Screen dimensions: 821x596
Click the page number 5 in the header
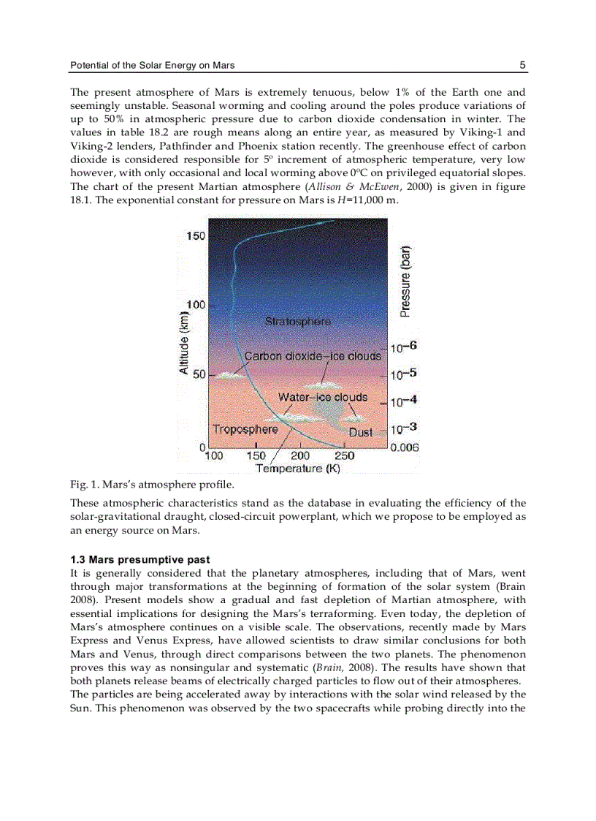click(x=522, y=65)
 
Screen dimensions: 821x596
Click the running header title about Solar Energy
click(x=152, y=65)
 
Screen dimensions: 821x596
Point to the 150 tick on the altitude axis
click(x=196, y=236)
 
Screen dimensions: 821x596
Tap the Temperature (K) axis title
click(x=297, y=469)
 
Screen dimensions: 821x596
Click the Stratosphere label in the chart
click(x=297, y=322)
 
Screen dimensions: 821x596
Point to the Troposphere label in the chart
click(x=245, y=429)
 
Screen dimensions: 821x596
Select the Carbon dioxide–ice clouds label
click(x=312, y=356)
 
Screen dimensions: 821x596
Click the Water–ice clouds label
click(x=322, y=397)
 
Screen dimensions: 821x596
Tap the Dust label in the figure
click(x=360, y=432)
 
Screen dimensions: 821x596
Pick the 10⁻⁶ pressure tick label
click(x=403, y=348)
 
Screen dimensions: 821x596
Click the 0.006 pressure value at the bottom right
click(x=404, y=447)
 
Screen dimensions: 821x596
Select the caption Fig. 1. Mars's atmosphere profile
click(x=152, y=484)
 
